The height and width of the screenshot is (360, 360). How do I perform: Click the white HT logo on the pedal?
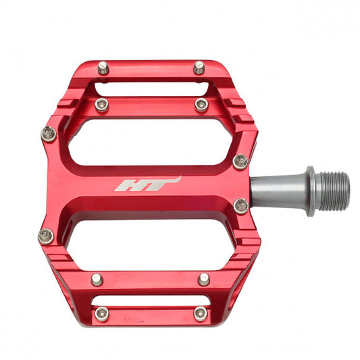[x=147, y=184]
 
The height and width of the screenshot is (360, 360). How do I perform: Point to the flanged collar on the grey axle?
[x=309, y=191]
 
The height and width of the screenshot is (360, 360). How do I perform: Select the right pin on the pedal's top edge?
[x=199, y=67]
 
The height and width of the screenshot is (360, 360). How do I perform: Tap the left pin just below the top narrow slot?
[x=102, y=105]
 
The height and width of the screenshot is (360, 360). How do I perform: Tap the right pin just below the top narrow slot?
[x=201, y=105]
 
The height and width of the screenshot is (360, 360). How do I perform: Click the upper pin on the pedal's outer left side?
[x=49, y=133]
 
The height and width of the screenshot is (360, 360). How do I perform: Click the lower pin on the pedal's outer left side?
[x=46, y=236]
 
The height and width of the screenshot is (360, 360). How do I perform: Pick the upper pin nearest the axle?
[x=240, y=161]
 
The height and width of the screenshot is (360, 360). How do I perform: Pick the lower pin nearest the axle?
[x=241, y=205]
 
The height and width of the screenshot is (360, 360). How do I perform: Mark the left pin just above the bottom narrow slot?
[x=97, y=278]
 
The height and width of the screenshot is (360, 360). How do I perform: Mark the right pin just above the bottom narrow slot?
[x=203, y=278]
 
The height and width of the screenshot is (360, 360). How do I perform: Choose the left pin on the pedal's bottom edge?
[x=102, y=313]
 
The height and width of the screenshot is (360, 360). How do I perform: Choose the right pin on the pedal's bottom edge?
[x=200, y=313]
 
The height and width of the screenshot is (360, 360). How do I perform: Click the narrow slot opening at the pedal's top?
[x=150, y=89]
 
